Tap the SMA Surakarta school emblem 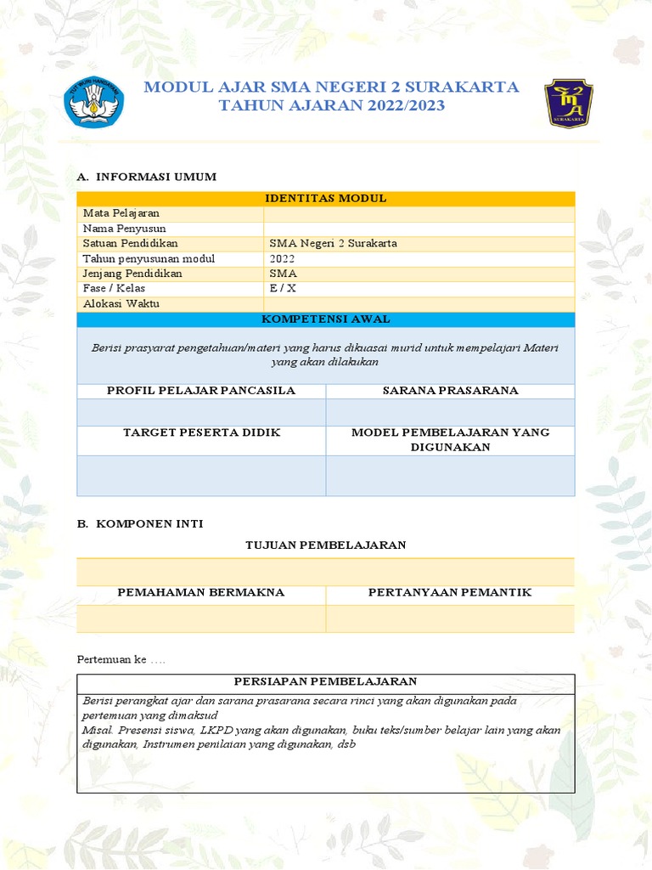pyautogui.click(x=568, y=103)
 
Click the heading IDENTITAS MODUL pyautogui.click(x=325, y=198)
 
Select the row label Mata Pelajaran pyautogui.click(x=121, y=213)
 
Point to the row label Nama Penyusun pyautogui.click(x=124, y=229)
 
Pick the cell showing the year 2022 pyautogui.click(x=282, y=258)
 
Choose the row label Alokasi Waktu pyautogui.click(x=121, y=303)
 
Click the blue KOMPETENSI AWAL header pyautogui.click(x=325, y=319)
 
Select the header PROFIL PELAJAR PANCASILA pyautogui.click(x=201, y=390)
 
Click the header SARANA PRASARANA pyautogui.click(x=450, y=390)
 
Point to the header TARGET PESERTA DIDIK pyautogui.click(x=201, y=432)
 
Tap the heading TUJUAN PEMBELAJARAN pyautogui.click(x=325, y=545)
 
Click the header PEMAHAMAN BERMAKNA pyautogui.click(x=201, y=591)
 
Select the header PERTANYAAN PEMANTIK pyautogui.click(x=450, y=591)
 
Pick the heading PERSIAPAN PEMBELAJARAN pyautogui.click(x=325, y=681)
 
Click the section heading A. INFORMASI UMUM pyautogui.click(x=146, y=177)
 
